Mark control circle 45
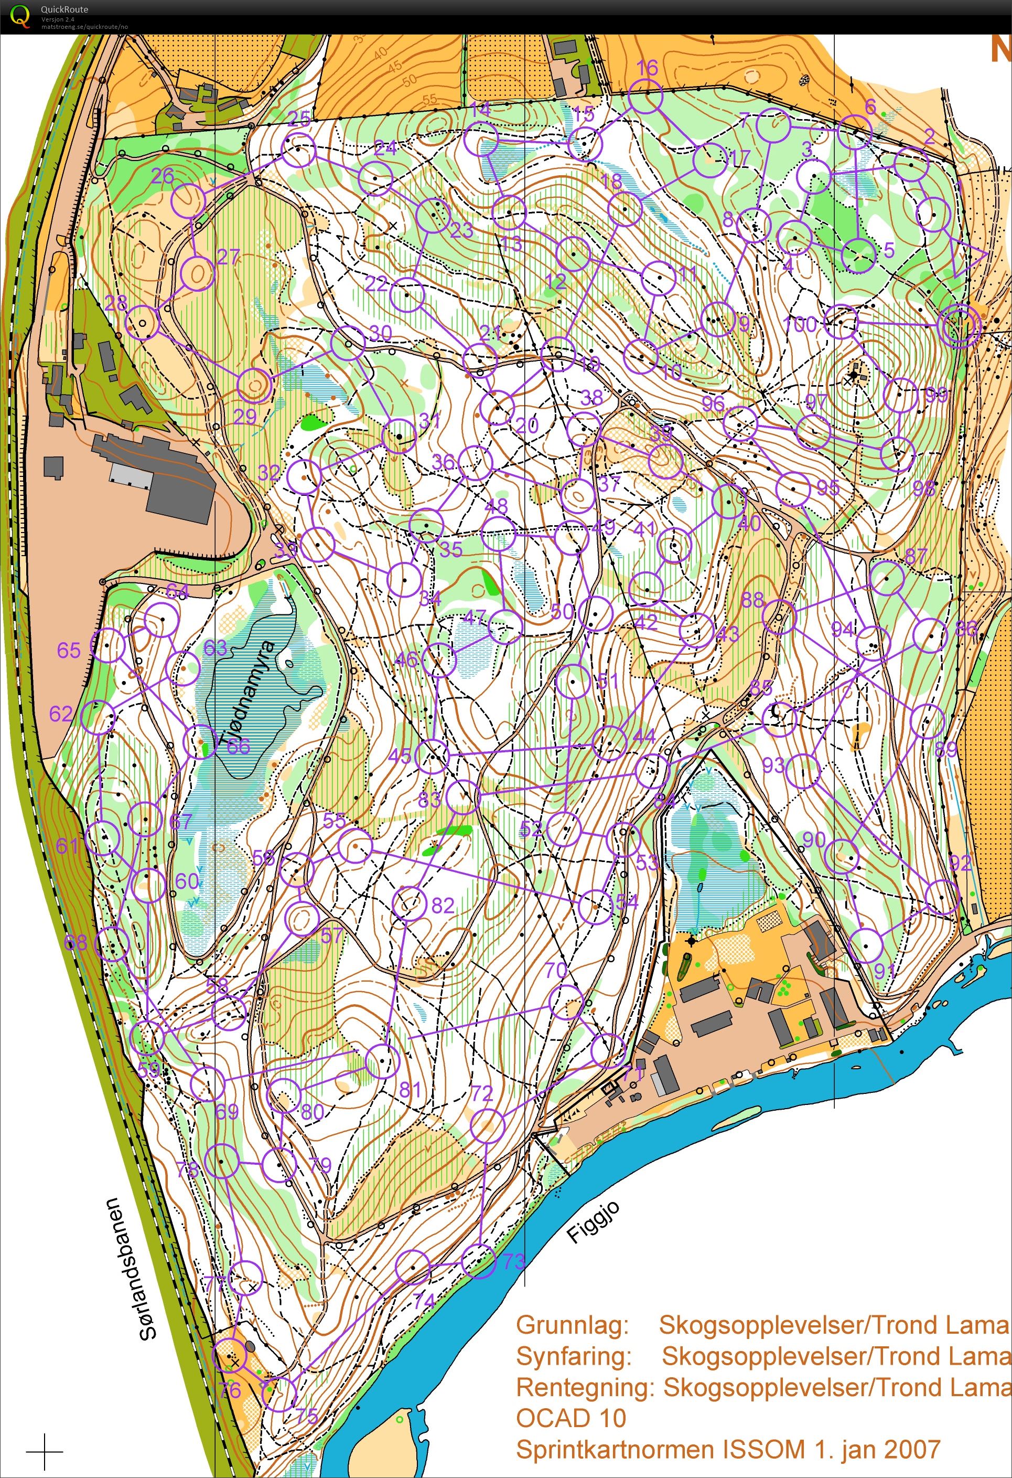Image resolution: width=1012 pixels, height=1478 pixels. click(x=432, y=756)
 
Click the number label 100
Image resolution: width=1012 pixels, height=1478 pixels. click(x=800, y=324)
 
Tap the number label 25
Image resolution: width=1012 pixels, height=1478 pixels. click(x=299, y=118)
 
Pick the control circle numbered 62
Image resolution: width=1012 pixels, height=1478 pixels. click(x=99, y=718)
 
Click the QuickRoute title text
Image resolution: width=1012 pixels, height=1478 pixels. click(x=64, y=9)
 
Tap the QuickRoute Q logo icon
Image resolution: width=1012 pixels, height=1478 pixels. click(x=20, y=15)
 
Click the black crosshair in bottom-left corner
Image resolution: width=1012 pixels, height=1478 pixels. click(x=45, y=1452)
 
